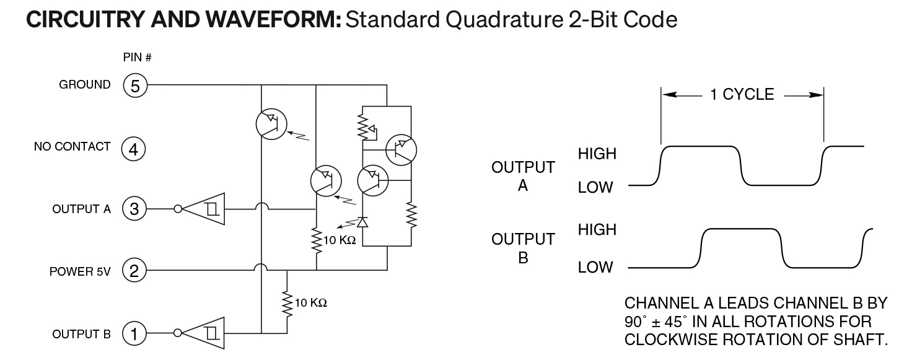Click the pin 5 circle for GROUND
coord(136,86)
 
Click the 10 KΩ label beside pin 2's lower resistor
coord(310,303)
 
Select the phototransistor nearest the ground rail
coord(272,123)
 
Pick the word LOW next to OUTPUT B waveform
coord(595,268)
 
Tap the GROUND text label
coord(85,85)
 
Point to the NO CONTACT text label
coord(72,147)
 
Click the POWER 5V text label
coord(80,271)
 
